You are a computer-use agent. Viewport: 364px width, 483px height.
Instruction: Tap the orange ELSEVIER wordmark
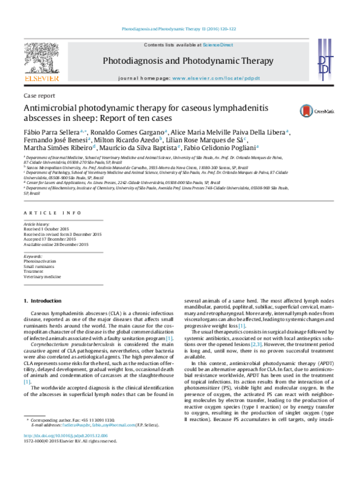click(x=42, y=78)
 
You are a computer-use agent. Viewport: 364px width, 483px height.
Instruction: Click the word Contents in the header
click(x=153, y=45)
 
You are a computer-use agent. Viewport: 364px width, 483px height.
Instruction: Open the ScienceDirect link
click(x=218, y=45)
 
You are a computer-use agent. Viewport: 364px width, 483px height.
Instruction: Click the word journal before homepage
click(x=130, y=79)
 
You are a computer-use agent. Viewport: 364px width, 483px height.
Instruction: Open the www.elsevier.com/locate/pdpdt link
click(x=216, y=79)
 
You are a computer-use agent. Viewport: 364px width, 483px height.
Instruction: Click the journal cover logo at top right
click(x=325, y=60)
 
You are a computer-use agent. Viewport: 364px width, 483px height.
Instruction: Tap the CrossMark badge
click(x=316, y=111)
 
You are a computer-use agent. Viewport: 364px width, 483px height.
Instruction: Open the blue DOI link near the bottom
click(x=66, y=436)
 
